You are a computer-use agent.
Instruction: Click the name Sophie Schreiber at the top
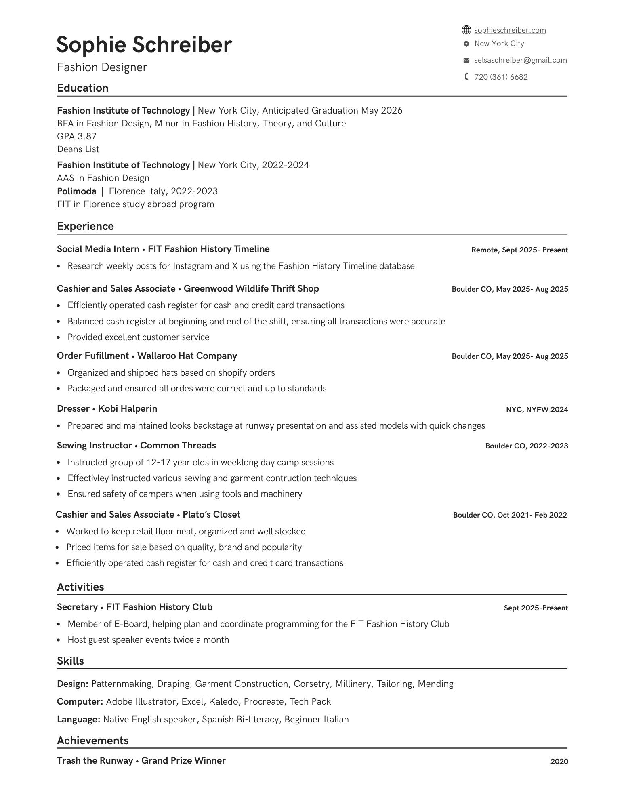(144, 44)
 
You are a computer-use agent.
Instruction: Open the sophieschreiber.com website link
(510, 30)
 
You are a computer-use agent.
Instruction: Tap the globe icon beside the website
(466, 30)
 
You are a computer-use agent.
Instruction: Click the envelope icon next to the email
(466, 61)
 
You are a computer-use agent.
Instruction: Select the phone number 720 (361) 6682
(501, 77)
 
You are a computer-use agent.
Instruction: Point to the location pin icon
(466, 44)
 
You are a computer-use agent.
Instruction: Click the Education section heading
(83, 88)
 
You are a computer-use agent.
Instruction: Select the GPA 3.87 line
(77, 136)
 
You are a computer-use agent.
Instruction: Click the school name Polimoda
(77, 191)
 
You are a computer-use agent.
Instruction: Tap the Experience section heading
(85, 226)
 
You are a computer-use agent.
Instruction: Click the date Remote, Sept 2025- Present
(519, 250)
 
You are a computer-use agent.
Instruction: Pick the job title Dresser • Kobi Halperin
(107, 409)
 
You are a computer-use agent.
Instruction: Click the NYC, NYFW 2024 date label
(537, 410)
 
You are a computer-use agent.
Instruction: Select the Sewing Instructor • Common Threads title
(137, 446)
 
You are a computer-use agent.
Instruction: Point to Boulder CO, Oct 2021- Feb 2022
(510, 515)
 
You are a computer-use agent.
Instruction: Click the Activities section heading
(80, 587)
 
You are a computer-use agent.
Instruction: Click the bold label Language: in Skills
(78, 720)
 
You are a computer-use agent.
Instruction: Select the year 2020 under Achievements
(559, 762)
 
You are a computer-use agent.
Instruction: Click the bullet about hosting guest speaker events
(148, 640)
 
